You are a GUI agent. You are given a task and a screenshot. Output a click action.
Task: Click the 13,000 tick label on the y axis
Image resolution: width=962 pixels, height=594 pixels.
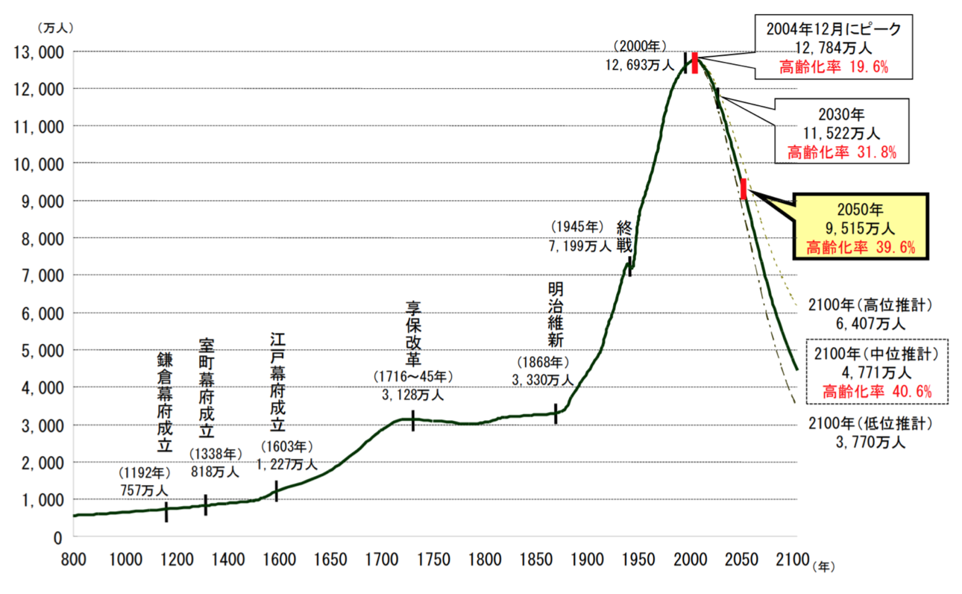(x=37, y=52)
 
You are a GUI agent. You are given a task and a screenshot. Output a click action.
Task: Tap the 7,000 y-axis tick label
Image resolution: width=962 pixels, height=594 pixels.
(x=40, y=275)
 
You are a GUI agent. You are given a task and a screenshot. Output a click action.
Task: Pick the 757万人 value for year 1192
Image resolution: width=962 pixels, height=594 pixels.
(x=144, y=490)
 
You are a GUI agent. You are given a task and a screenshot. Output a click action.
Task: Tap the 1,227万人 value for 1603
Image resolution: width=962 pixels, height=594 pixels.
(x=288, y=464)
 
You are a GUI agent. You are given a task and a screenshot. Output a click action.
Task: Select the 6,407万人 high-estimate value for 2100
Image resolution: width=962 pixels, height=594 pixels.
(x=870, y=323)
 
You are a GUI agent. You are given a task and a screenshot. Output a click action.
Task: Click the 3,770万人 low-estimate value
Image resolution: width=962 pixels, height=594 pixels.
(x=870, y=443)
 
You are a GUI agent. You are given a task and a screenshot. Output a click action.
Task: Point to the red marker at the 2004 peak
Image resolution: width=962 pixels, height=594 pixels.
(x=694, y=63)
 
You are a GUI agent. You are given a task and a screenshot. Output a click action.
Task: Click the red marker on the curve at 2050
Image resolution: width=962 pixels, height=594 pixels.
(x=743, y=189)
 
